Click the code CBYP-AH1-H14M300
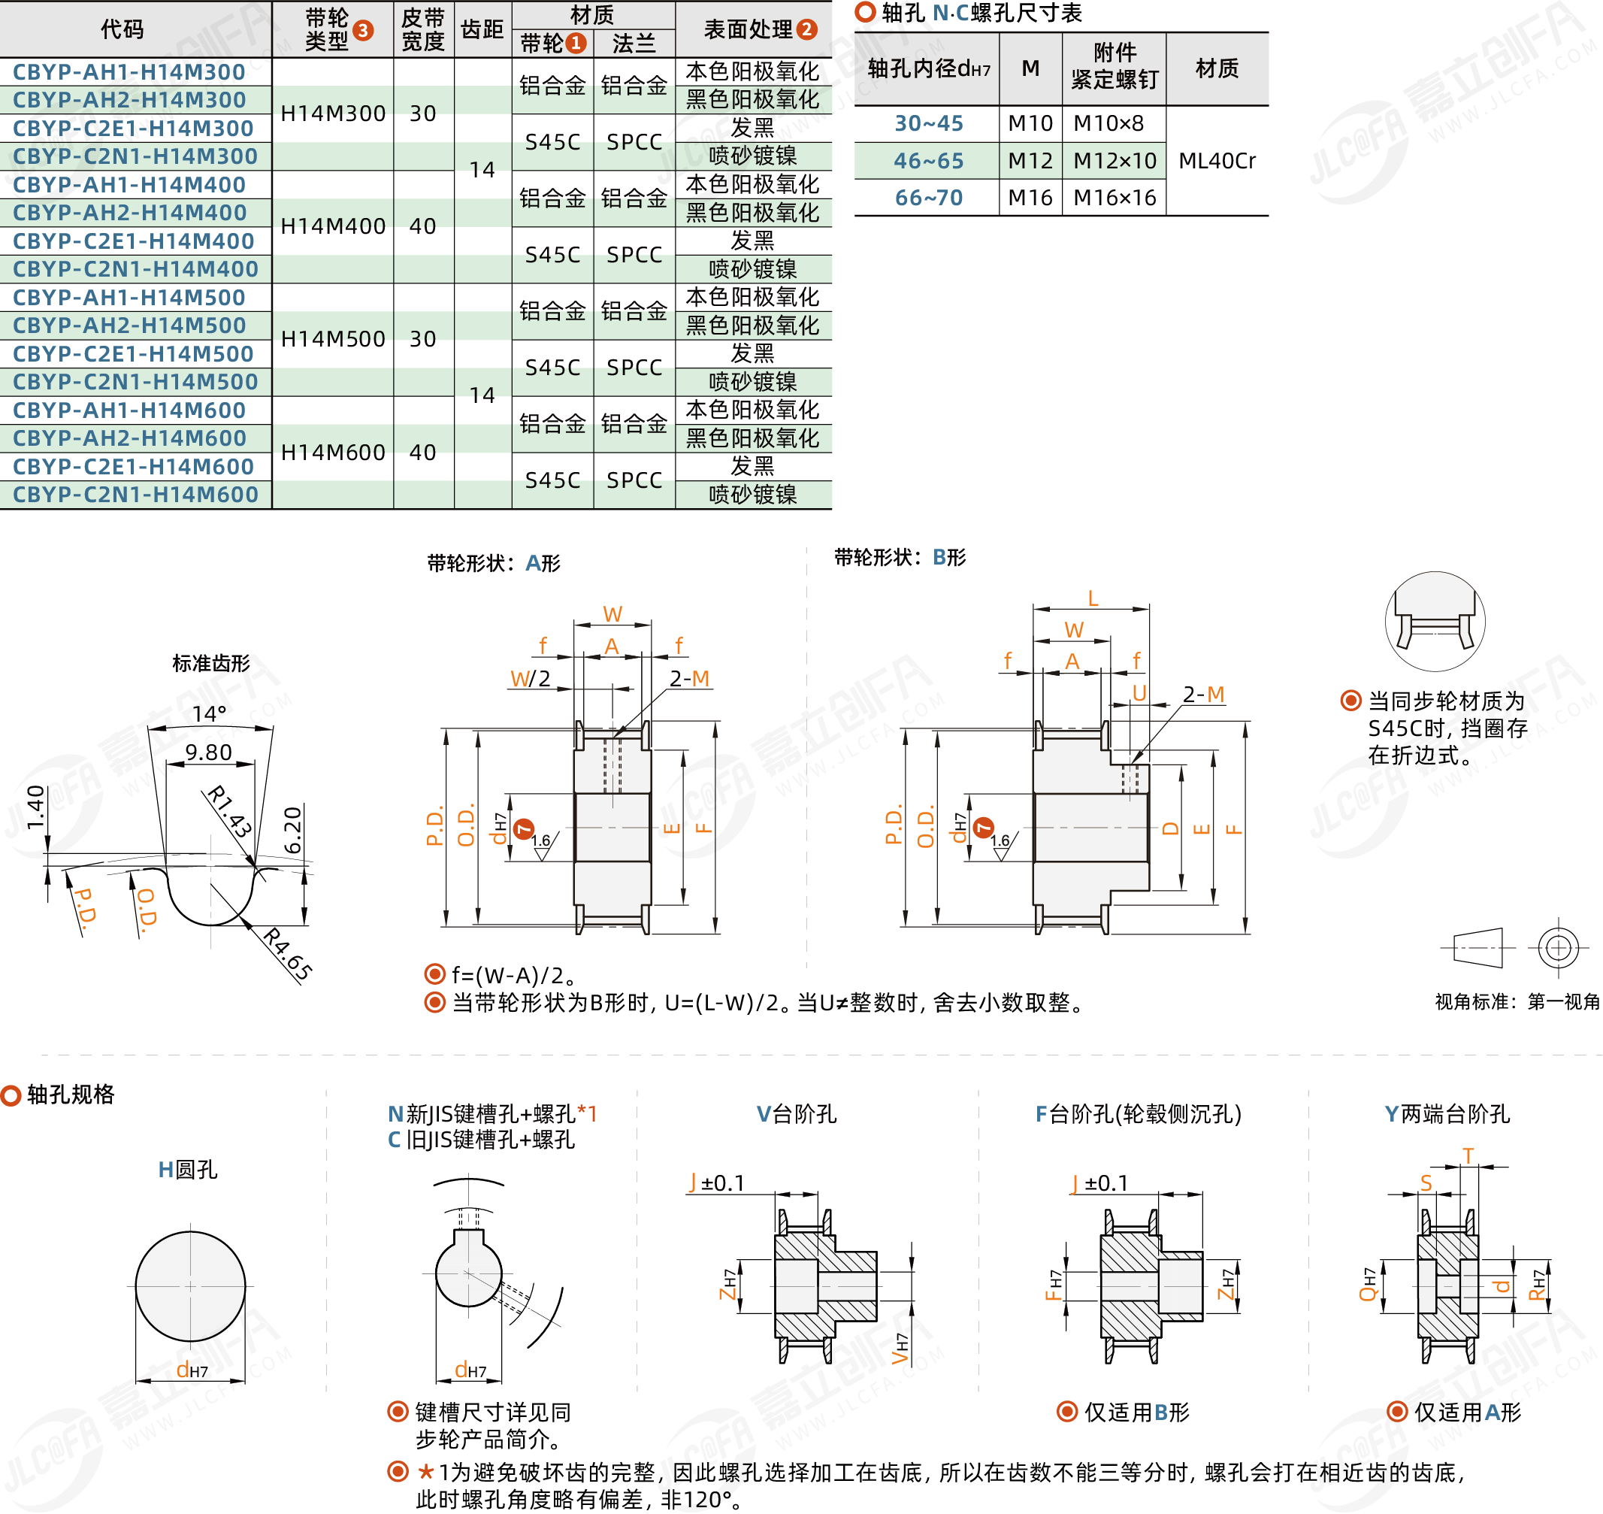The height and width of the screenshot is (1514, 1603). (x=129, y=72)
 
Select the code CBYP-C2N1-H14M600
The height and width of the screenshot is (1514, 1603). (x=135, y=495)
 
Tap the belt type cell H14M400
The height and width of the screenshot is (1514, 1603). (x=332, y=226)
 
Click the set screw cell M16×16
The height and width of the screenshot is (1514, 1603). (x=1114, y=198)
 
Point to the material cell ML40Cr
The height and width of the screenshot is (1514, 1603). (x=1216, y=161)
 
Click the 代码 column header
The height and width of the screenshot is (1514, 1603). (x=122, y=30)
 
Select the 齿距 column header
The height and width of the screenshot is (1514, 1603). (x=482, y=30)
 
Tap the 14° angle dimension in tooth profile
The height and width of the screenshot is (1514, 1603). (x=209, y=713)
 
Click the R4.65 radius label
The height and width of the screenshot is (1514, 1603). (x=287, y=955)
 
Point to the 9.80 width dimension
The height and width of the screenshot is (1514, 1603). (x=208, y=752)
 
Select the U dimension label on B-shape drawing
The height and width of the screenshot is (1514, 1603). (x=1139, y=692)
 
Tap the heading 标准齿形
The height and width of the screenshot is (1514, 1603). (x=211, y=663)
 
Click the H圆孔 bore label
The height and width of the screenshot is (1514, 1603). (x=187, y=1170)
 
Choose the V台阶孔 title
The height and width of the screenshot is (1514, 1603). (x=797, y=1115)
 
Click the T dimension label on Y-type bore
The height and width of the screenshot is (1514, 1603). (x=1468, y=1155)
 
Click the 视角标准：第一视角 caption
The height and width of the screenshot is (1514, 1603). (x=1516, y=1001)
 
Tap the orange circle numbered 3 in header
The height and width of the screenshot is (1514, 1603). (x=363, y=31)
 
